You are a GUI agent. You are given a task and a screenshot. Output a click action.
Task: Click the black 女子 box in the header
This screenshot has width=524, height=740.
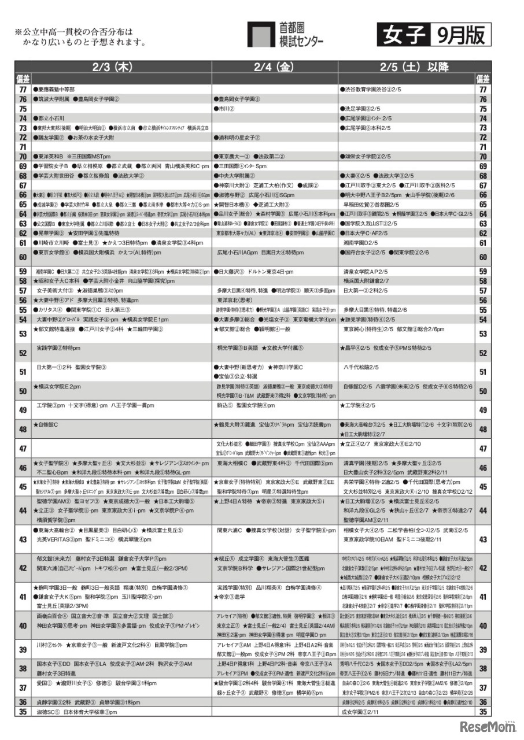[403, 35]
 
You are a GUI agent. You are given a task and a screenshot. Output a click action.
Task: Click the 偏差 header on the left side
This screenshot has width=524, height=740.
[24, 78]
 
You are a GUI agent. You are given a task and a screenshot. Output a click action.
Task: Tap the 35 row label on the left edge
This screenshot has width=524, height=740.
[23, 712]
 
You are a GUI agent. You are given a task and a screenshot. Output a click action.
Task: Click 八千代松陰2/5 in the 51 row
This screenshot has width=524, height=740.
[361, 367]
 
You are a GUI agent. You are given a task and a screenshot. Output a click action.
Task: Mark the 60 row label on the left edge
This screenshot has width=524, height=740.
[23, 257]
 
